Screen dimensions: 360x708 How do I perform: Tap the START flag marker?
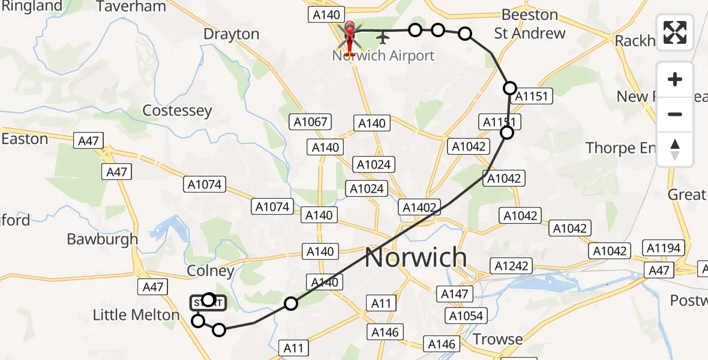pos(208,304)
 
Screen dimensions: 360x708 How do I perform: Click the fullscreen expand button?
pos(675,32)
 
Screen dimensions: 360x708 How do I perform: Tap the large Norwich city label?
pos(415,257)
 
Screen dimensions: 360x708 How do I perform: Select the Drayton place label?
pos(232,34)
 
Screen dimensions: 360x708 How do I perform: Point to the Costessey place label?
pos(177,110)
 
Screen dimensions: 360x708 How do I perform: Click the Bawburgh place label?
pos(102,239)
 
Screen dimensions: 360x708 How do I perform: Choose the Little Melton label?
pos(136,315)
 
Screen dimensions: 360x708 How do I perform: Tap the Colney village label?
pos(210,271)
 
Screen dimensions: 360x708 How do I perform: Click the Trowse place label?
pos(497,340)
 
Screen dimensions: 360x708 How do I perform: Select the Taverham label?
pos(131,7)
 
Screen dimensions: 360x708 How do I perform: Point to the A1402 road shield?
pos(420,208)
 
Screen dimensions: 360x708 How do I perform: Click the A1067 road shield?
pos(310,122)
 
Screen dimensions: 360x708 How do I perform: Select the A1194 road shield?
pos(662,248)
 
